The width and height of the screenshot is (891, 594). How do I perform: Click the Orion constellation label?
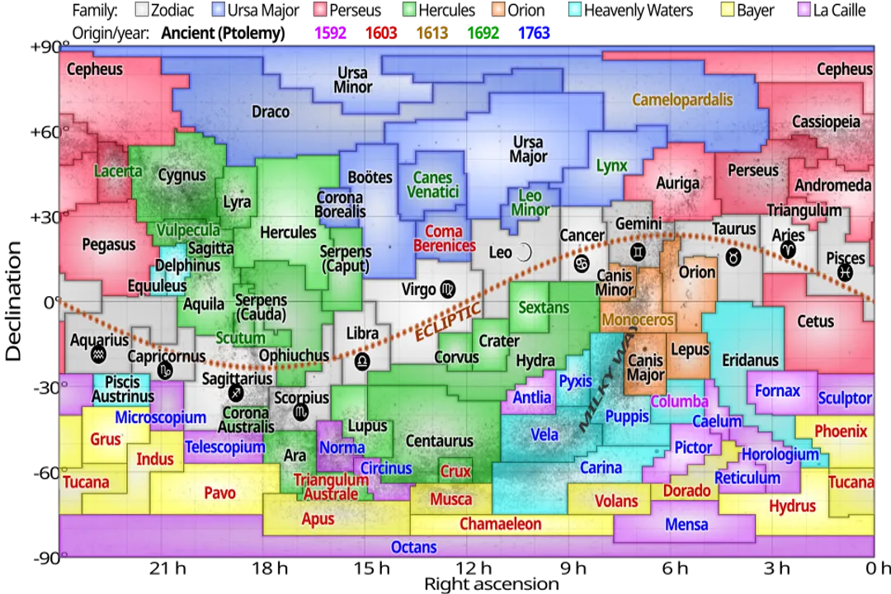pos(697,272)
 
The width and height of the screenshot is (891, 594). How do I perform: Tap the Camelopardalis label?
pos(682,100)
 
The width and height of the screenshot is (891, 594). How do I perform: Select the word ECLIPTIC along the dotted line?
pos(447,322)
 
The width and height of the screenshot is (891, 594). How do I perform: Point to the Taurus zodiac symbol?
pos(733,257)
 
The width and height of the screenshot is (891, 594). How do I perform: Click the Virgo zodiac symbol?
pos(447,289)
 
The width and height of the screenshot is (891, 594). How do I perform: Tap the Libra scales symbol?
pos(362,361)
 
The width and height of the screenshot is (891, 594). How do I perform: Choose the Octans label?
pos(414,547)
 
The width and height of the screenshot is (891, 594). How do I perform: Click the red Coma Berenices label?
pos(445,238)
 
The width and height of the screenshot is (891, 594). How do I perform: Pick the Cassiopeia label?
pos(826,122)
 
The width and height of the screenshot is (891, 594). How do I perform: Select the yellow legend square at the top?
pos(728,9)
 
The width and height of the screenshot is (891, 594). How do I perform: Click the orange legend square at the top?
pos(498,9)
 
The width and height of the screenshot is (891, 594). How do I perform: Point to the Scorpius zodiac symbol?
pos(301,411)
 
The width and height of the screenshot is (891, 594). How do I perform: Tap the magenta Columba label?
pos(679,402)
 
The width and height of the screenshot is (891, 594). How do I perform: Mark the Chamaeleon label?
pos(500,524)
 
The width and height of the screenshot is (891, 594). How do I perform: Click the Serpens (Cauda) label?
pos(261,308)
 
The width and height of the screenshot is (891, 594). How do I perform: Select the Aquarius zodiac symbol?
pos(99,356)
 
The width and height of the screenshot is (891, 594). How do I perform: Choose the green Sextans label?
pos(544,308)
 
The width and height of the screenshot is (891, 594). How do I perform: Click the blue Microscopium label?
pos(160,417)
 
